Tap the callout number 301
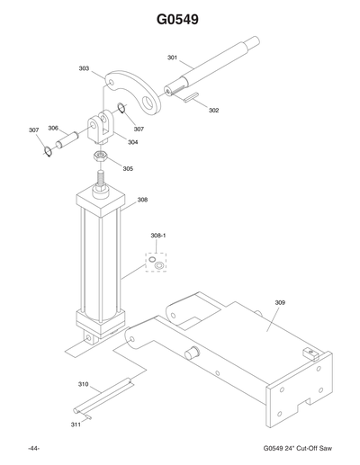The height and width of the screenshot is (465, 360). coord(172,58)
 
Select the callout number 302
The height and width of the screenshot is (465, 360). coord(214,111)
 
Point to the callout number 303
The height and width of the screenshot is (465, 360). coord(84,67)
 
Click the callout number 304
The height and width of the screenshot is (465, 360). coord(132,142)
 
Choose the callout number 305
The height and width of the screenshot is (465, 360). coord(128,168)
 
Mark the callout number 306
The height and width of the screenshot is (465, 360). coord(53,128)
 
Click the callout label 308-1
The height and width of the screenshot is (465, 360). coord(157,236)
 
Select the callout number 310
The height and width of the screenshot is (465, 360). coord(83,384)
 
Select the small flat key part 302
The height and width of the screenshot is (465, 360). coord(192,101)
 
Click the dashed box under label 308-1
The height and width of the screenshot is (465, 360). coord(157,261)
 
